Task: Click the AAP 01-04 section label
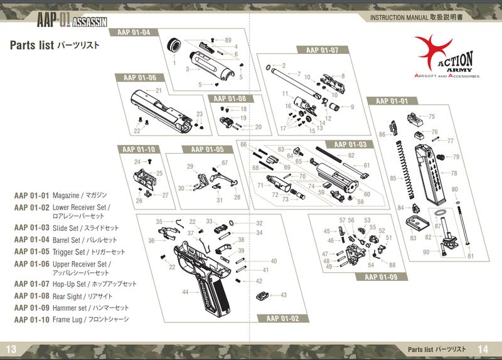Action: pos(133,33)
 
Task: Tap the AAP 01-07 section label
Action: pos(322,50)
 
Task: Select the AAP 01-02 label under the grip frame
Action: pos(282,319)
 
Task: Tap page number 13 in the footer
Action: pos(12,349)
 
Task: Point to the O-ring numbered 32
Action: pos(233,223)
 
